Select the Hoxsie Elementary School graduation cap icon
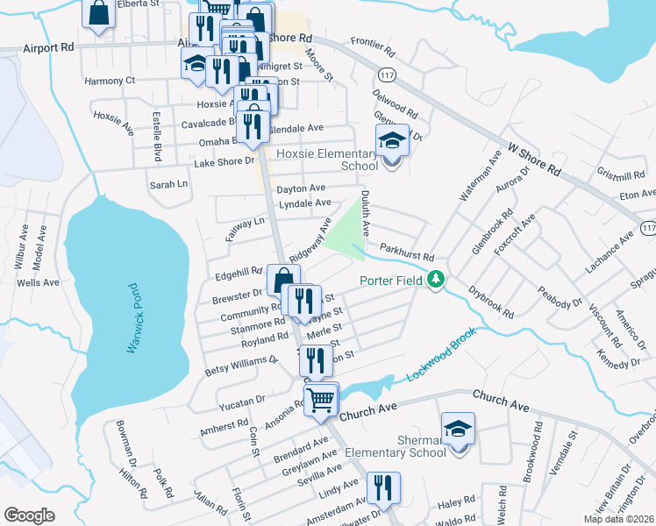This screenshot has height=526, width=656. point(393,139)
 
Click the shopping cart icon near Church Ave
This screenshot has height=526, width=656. point(321,399)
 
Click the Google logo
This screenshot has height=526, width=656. point(29,515)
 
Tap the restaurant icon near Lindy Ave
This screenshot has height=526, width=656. point(383,487)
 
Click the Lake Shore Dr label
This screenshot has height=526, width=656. point(224,161)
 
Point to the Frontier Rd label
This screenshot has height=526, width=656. point(375,41)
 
